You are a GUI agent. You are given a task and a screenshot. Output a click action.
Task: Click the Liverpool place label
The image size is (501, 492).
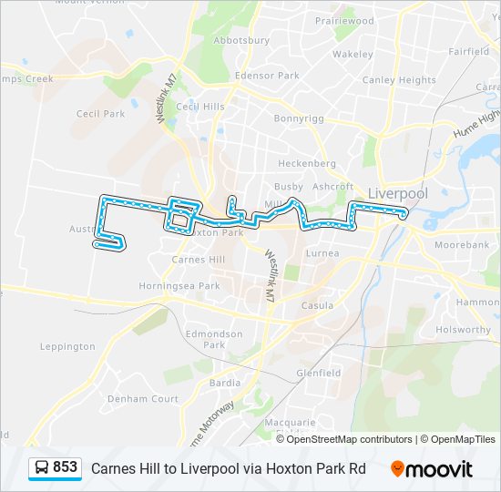tap(397, 193)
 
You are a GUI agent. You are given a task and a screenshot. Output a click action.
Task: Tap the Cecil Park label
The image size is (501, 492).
tap(100, 114)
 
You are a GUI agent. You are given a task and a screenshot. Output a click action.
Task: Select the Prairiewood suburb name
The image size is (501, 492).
tap(344, 20)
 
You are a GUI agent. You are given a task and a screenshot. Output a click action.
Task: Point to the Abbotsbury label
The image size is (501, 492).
tap(240, 41)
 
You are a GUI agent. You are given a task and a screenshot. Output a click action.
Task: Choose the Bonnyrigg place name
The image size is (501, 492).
tap(299, 118)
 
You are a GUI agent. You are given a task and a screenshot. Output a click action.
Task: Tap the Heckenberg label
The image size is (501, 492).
tap(307, 163)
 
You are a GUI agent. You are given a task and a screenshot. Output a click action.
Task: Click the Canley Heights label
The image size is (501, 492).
tap(399, 80)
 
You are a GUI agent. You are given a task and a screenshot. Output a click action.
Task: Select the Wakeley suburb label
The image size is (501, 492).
tap(353, 55)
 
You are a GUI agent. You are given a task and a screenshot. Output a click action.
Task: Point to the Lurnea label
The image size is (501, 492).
tap(322, 252)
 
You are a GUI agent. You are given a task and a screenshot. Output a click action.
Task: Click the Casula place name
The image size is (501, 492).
tap(317, 305)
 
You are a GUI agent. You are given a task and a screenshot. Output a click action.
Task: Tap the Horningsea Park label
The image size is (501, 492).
tap(185, 285)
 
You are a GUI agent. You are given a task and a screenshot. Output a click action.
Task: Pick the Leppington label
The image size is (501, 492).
tap(67, 346)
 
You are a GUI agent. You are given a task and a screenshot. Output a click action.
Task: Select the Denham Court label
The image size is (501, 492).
tap(143, 399)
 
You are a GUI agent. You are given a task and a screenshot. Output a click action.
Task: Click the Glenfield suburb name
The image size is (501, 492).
tap(319, 373)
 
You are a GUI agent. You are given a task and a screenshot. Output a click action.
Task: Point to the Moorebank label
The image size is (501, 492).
tap(462, 245)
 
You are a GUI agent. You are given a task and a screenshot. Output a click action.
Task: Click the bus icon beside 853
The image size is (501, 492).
tap(42, 468)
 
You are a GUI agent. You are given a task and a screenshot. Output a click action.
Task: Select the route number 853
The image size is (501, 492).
tap(66, 467)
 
